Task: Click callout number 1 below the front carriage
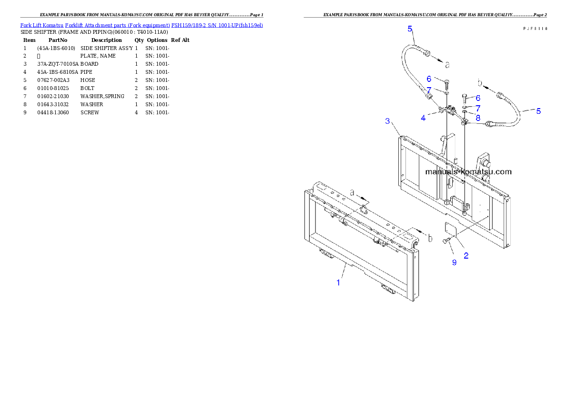pyautogui.click(x=338, y=282)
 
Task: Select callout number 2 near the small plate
pyautogui.click(x=466, y=255)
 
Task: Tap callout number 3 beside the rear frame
pyautogui.click(x=388, y=120)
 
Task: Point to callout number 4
pyautogui.click(x=423, y=118)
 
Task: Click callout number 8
pyautogui.click(x=477, y=117)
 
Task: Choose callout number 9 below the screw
pyautogui.click(x=454, y=262)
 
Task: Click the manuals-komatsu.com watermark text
pyautogui.click(x=468, y=171)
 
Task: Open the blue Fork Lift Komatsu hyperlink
pyautogui.click(x=142, y=25)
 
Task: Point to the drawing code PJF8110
pyautogui.click(x=535, y=29)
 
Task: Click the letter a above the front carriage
pyautogui.click(x=353, y=193)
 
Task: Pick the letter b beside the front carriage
pyautogui.click(x=430, y=238)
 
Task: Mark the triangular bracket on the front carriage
pyautogui.click(x=364, y=208)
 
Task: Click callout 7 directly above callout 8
pyautogui.click(x=477, y=108)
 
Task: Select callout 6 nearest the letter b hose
pyautogui.click(x=477, y=98)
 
